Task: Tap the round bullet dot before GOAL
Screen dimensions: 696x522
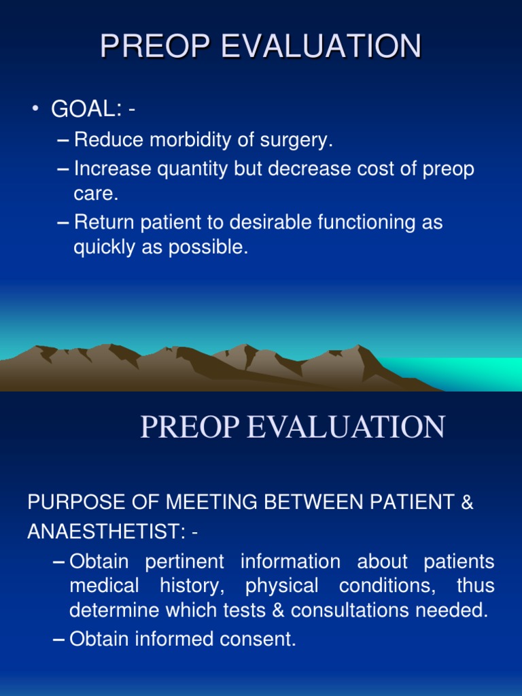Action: click(x=35, y=109)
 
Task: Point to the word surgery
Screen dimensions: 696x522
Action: click(x=298, y=141)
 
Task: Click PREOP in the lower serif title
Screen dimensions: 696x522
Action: click(x=189, y=427)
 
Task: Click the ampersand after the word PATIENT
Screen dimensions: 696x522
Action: click(x=466, y=503)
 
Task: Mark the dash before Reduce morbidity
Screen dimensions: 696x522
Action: click(x=63, y=141)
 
